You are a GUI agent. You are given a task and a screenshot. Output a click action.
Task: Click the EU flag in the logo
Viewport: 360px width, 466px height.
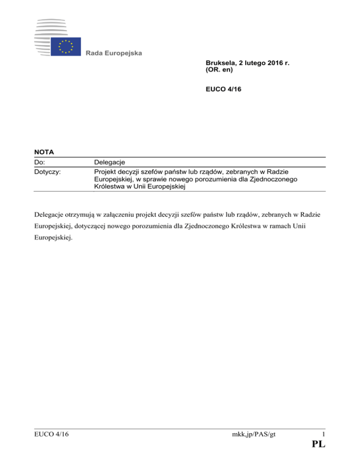click(x=66, y=46)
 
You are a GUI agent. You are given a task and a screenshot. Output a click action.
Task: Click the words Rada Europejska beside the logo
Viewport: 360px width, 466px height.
click(x=114, y=53)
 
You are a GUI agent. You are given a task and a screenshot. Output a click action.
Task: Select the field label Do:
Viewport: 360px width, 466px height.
click(x=40, y=163)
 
